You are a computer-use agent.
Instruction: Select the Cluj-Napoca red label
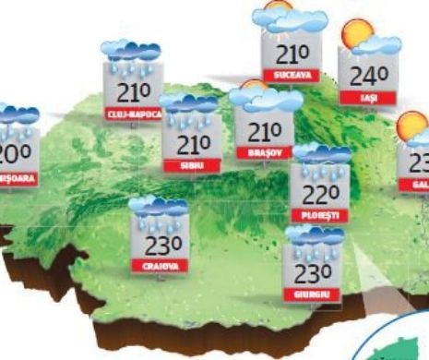[135, 114]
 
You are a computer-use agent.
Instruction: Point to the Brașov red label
[263, 152]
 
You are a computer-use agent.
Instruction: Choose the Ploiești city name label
[318, 214]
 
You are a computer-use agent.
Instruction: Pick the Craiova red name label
[158, 266]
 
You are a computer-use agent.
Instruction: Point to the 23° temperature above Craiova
[158, 243]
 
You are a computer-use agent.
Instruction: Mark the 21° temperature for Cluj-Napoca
[135, 91]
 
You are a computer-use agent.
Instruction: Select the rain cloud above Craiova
[157, 209]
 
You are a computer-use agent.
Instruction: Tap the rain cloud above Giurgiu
[314, 238]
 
